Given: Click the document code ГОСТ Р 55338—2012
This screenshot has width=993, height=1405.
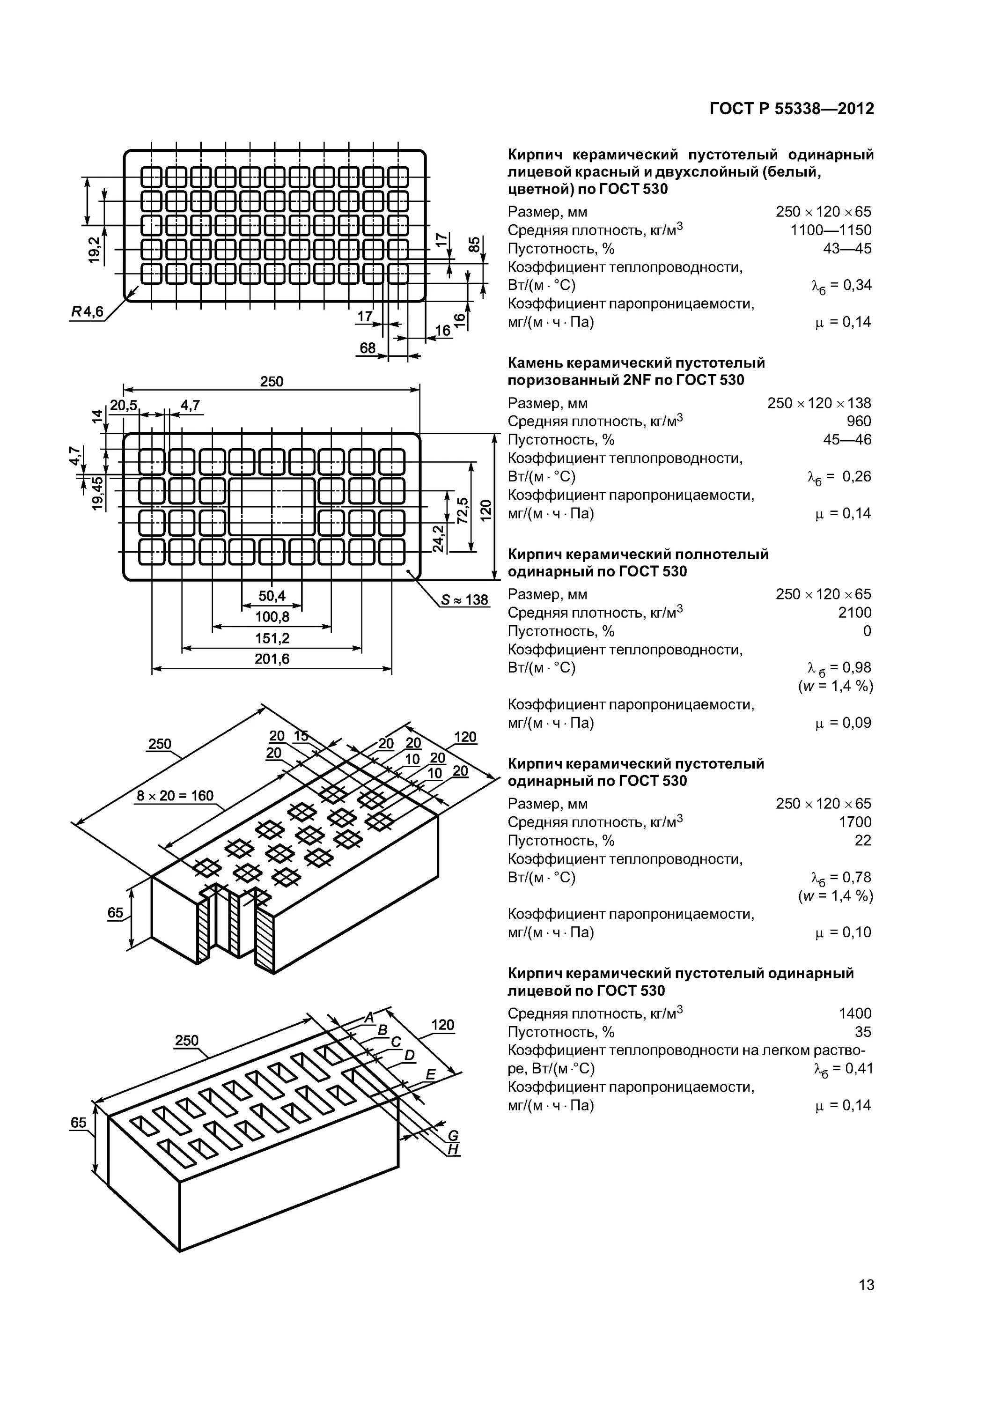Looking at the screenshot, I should pos(791,109).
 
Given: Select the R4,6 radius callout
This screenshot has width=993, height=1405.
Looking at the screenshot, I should pos(88,312).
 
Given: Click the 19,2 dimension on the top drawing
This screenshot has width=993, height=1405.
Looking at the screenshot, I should pos(94,250).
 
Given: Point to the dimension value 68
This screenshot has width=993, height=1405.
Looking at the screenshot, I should pos(367,348).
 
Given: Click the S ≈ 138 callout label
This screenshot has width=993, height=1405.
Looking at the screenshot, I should pos(464,599).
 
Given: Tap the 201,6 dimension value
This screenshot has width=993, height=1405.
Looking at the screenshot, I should pos(272,659).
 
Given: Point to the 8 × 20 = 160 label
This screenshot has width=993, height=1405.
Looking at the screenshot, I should pos(175,796).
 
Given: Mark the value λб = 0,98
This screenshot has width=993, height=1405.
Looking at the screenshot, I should pos(839,668).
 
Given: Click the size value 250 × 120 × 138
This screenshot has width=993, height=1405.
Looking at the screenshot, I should pos(819,403).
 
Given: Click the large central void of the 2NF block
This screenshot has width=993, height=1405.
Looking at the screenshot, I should pos(272,507).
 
